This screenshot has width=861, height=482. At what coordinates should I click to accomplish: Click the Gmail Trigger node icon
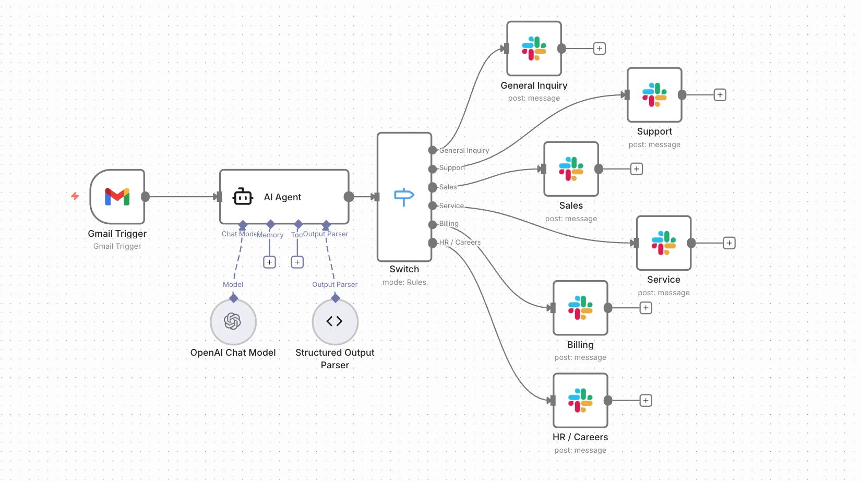117,197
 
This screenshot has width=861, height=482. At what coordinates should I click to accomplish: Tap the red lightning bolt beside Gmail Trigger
75,196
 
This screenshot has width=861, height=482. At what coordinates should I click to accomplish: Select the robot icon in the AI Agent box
243,197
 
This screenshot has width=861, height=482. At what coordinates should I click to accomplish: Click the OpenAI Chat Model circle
233,321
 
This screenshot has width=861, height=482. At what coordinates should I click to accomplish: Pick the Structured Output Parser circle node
334,321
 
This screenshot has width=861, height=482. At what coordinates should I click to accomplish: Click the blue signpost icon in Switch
404,197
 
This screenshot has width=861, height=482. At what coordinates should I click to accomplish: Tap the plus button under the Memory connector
269,262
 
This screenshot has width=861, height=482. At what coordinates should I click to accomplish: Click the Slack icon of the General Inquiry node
534,49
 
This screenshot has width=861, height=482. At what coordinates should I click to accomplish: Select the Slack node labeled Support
654,95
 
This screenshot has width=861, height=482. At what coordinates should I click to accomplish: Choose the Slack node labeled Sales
571,169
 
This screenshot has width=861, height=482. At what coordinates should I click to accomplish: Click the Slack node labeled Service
664,243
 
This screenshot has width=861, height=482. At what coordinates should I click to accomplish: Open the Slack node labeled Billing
580,308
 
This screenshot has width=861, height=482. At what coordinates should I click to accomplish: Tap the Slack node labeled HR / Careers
580,401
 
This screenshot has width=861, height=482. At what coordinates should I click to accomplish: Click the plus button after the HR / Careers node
646,401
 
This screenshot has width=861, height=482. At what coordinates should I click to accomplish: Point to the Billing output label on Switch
449,224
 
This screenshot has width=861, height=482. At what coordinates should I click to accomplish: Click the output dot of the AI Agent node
349,197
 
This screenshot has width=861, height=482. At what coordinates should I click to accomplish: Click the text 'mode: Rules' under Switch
404,282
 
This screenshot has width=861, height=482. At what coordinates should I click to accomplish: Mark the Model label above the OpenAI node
233,284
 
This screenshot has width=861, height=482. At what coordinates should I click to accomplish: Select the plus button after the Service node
729,243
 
